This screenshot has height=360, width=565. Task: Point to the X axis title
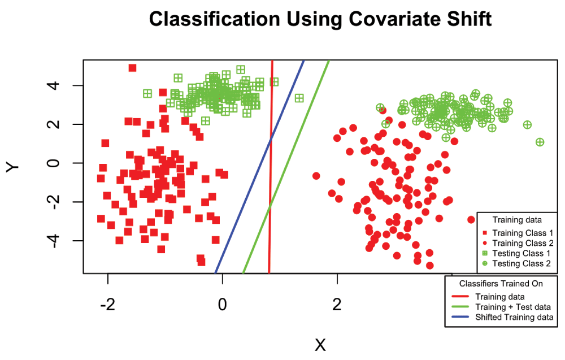pos(320,345)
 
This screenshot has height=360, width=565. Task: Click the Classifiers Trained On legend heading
pos(501,284)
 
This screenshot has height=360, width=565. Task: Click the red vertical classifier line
pos(271,170)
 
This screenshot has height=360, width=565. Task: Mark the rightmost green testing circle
pos(540,142)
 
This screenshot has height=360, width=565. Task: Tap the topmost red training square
pos(132,68)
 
